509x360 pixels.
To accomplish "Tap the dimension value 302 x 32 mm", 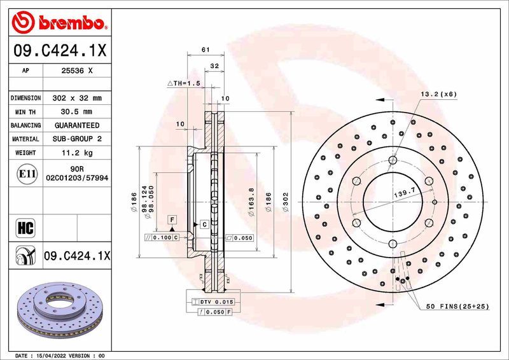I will (76, 99).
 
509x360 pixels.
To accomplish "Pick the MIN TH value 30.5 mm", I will (76, 112).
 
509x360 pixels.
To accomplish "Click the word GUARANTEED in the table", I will (76, 125).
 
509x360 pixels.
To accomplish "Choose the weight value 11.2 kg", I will (76, 153).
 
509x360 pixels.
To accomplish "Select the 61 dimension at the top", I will (205, 50).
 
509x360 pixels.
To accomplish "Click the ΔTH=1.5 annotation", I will (183, 83).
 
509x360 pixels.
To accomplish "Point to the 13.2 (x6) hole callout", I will (438, 94).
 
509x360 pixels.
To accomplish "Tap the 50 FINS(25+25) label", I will (457, 307).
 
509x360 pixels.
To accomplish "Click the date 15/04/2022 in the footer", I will (53, 356).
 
